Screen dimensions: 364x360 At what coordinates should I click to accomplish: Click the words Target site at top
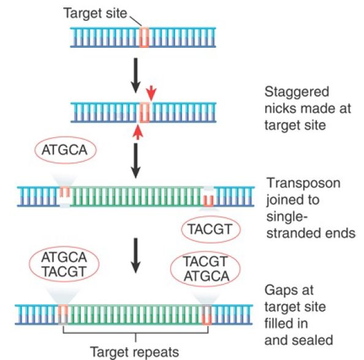tap(95, 13)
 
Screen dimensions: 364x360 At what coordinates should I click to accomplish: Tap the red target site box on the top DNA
tap(144, 37)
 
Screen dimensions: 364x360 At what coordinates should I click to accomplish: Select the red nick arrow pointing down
tap(151, 93)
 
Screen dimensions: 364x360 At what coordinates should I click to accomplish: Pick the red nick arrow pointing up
tap(138, 132)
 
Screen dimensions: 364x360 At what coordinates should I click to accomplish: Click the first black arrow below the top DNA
tap(135, 75)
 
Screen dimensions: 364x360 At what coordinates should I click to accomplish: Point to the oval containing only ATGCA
tap(66, 150)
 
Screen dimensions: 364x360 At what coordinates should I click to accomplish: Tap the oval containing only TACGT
tap(211, 229)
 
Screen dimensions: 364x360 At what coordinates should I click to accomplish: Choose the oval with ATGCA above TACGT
tap(64, 264)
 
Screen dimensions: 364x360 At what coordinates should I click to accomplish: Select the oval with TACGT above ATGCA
tap(205, 269)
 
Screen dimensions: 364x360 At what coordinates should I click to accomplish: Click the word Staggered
tap(297, 92)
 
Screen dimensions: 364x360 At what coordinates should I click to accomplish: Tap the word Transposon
tap(303, 183)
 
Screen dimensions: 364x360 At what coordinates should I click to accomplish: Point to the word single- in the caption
tap(287, 217)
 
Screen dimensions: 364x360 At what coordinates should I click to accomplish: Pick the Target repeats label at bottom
tap(134, 352)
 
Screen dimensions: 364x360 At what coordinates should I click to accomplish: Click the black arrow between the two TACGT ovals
tap(135, 256)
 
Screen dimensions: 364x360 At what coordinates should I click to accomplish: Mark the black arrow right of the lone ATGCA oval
tap(135, 161)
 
